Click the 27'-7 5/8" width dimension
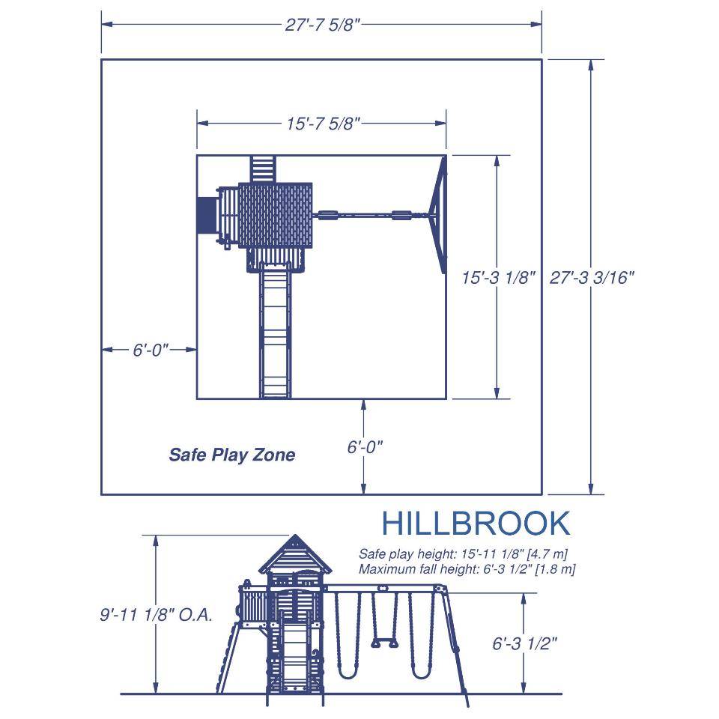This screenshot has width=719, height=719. (321, 24)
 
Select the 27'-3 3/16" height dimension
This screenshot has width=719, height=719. (592, 277)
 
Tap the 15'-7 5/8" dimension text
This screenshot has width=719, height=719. (324, 124)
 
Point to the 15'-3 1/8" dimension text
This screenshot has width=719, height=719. (499, 277)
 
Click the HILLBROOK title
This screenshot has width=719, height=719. (476, 524)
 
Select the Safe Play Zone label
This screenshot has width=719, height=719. (232, 455)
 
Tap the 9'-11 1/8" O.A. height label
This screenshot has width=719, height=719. (157, 614)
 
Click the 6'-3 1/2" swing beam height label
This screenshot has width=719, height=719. (524, 643)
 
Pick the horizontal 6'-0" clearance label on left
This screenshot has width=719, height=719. (151, 350)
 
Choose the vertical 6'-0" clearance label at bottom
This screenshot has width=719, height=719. (365, 446)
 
